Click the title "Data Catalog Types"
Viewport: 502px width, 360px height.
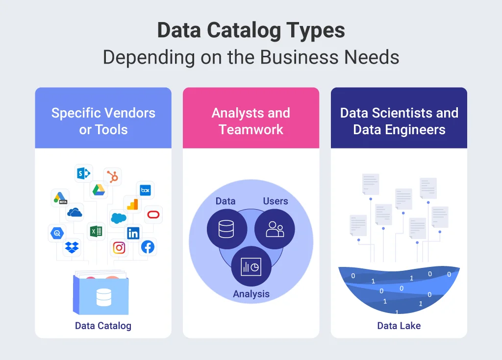click(x=251, y=30)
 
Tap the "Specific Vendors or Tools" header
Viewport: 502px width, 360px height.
click(x=103, y=121)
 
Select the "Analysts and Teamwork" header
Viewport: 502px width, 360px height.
click(x=251, y=121)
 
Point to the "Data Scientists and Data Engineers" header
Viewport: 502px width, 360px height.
click(x=399, y=121)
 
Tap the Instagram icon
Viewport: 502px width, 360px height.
click(x=119, y=248)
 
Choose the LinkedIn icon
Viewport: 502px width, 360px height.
click(x=133, y=233)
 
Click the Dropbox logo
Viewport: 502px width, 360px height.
click(x=72, y=247)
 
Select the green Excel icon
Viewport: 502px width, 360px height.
click(x=96, y=231)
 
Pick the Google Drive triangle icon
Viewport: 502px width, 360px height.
click(x=99, y=190)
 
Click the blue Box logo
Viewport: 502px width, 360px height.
click(x=145, y=190)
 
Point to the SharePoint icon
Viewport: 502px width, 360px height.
click(x=83, y=173)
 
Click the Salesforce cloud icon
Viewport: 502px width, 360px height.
click(x=118, y=218)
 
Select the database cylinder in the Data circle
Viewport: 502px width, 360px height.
click(x=226, y=228)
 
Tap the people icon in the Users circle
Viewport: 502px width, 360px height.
click(x=275, y=229)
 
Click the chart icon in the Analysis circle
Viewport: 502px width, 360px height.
click(x=251, y=266)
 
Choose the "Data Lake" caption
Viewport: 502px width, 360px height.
click(x=399, y=326)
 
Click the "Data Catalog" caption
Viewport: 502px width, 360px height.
click(x=103, y=326)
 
